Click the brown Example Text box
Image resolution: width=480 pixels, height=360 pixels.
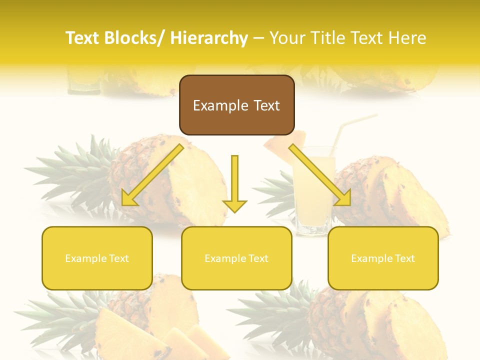[x=236, y=105]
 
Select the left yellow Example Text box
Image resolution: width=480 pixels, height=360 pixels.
[x=97, y=258]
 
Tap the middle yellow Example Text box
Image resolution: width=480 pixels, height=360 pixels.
[x=236, y=258]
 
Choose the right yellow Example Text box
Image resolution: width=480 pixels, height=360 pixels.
[x=383, y=258]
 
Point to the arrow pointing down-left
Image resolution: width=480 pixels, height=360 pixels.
[x=152, y=175]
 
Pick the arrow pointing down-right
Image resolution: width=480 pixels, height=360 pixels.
[x=320, y=175]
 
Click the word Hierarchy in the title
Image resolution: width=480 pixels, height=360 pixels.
[x=208, y=38]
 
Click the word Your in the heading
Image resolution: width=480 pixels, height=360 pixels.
[x=286, y=38]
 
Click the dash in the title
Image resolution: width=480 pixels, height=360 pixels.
[x=258, y=38]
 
